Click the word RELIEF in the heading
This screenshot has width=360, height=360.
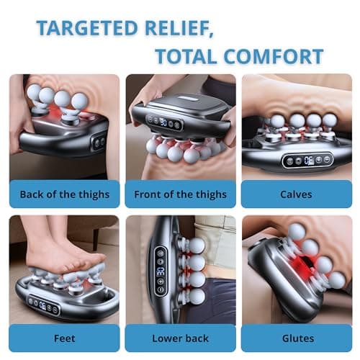(x=183, y=28)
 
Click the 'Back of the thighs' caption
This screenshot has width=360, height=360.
(x=64, y=194)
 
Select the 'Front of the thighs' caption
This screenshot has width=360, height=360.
(x=180, y=194)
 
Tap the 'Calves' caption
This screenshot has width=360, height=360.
(x=296, y=194)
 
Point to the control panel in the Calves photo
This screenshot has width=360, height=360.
(x=306, y=160)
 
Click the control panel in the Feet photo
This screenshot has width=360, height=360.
(x=44, y=305)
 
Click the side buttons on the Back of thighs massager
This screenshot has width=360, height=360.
(x=97, y=142)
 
